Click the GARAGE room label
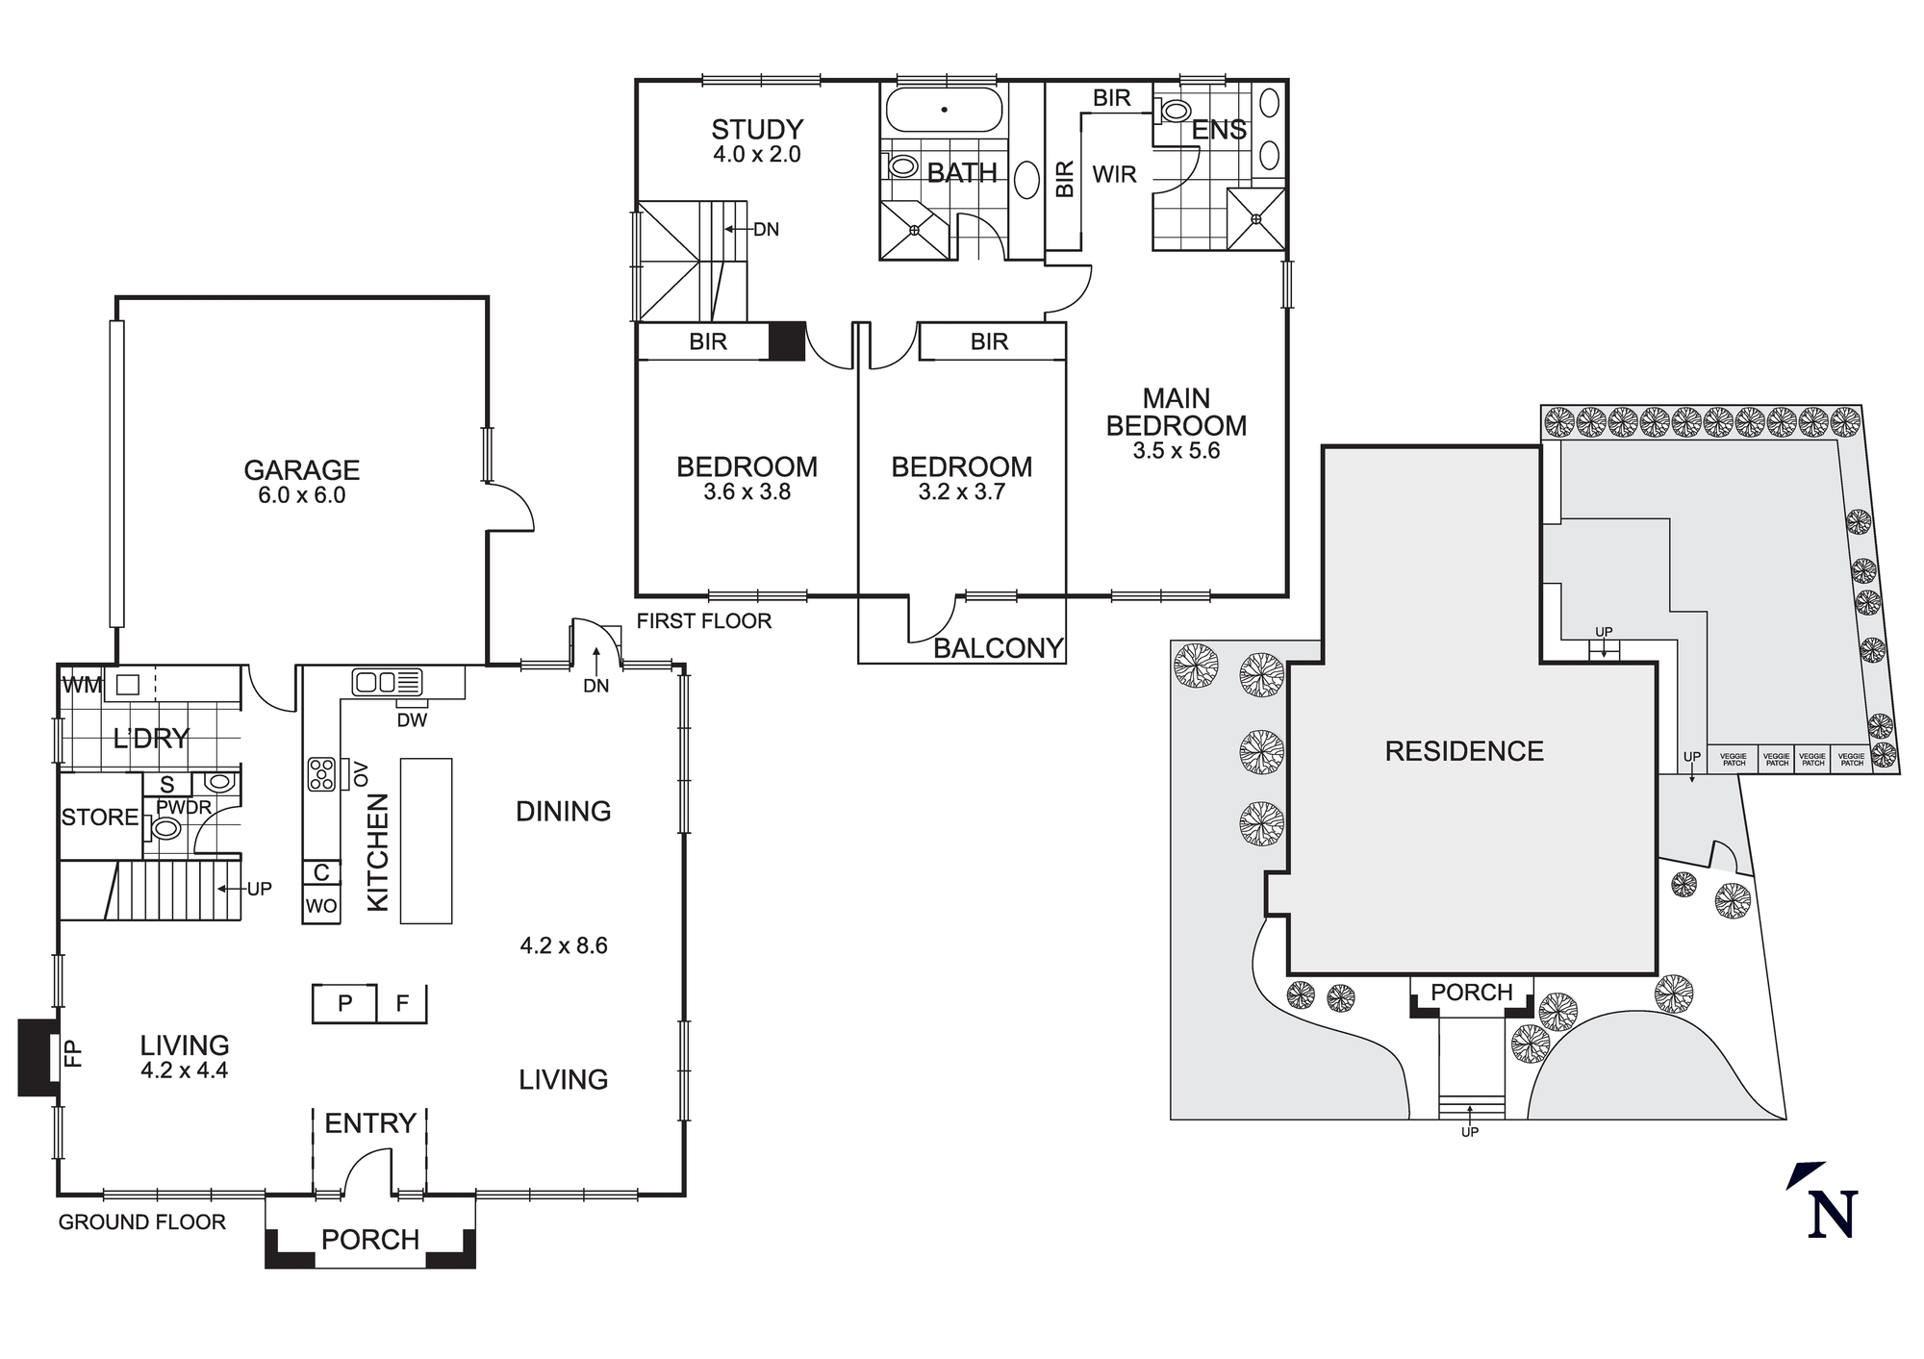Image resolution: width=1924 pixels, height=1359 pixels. (301, 470)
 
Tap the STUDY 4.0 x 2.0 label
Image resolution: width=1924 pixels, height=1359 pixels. (757, 140)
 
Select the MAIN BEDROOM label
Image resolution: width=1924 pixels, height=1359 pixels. (1176, 413)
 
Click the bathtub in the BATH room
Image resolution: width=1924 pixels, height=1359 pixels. (944, 110)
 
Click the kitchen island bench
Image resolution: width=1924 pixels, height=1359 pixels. (426, 841)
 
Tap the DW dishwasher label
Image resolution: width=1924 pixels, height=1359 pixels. (412, 719)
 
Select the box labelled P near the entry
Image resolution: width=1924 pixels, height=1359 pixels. (344, 1003)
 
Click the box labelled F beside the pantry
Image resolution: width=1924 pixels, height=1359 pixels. (402, 1003)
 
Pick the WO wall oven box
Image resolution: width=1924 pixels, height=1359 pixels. (321, 905)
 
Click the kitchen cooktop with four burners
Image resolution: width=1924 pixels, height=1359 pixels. (321, 773)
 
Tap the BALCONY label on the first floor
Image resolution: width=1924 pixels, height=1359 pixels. (999, 648)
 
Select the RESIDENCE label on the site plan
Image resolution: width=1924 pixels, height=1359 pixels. (1464, 751)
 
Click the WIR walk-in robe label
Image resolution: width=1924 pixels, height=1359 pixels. (1114, 174)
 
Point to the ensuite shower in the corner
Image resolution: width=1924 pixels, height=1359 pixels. (1255, 218)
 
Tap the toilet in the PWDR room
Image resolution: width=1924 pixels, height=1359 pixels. (165, 828)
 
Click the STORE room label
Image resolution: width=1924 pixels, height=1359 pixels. (99, 818)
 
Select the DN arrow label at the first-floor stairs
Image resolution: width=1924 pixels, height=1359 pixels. (766, 230)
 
